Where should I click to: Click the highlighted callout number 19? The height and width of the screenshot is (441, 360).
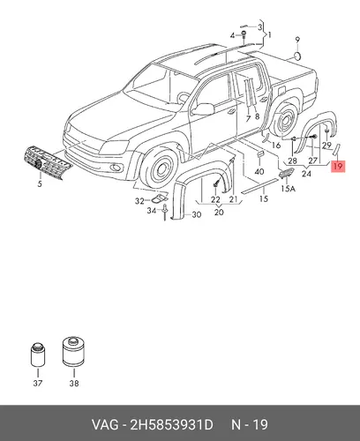click(338, 166)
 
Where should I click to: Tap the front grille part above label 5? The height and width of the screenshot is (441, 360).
click(47, 162)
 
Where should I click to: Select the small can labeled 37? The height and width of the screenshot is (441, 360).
click(38, 355)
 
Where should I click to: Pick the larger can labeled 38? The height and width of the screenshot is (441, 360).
click(75, 352)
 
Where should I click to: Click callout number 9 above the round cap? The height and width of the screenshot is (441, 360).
click(297, 40)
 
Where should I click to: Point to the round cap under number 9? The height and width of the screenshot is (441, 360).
click(298, 56)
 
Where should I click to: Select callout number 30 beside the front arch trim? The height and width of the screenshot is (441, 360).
click(197, 214)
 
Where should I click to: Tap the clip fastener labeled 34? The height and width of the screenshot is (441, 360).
click(165, 212)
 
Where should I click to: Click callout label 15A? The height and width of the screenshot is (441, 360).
click(288, 189)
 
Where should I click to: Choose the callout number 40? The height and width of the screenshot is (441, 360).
click(259, 171)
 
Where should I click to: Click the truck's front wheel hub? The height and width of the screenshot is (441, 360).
click(161, 169)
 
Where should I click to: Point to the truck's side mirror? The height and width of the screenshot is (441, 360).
click(204, 109)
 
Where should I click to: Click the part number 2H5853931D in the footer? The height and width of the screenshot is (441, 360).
click(171, 425)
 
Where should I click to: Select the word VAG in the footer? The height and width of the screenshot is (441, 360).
click(105, 425)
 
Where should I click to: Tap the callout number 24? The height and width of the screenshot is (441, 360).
click(306, 174)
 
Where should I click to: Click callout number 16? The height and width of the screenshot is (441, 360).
click(276, 145)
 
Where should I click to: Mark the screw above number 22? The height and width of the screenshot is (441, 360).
click(216, 183)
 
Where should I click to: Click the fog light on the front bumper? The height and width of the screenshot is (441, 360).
click(116, 168)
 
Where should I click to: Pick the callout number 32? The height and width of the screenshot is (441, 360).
click(139, 201)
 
